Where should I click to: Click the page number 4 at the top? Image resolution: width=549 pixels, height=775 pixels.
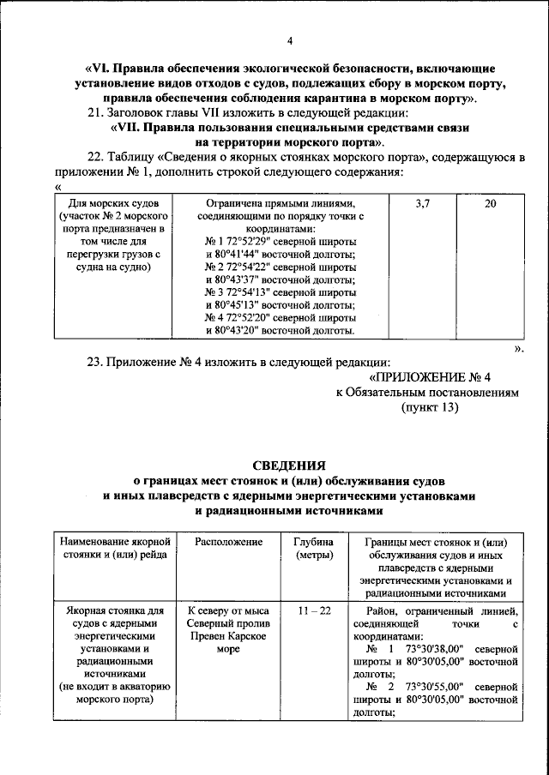coord(290,40)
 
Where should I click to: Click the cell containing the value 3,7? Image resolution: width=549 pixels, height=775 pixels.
coord(422,205)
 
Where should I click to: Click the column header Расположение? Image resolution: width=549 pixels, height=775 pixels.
coord(227,543)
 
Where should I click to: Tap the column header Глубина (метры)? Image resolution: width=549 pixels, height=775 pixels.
coord(308,550)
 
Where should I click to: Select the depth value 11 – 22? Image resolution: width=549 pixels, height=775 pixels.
coord(308,610)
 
